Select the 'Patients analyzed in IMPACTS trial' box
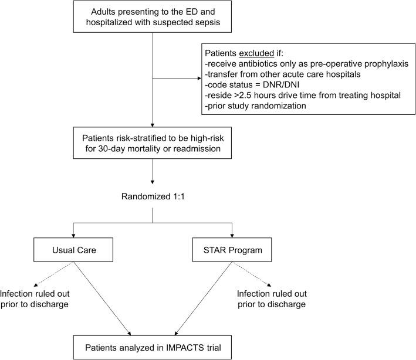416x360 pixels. (x=153, y=344)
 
